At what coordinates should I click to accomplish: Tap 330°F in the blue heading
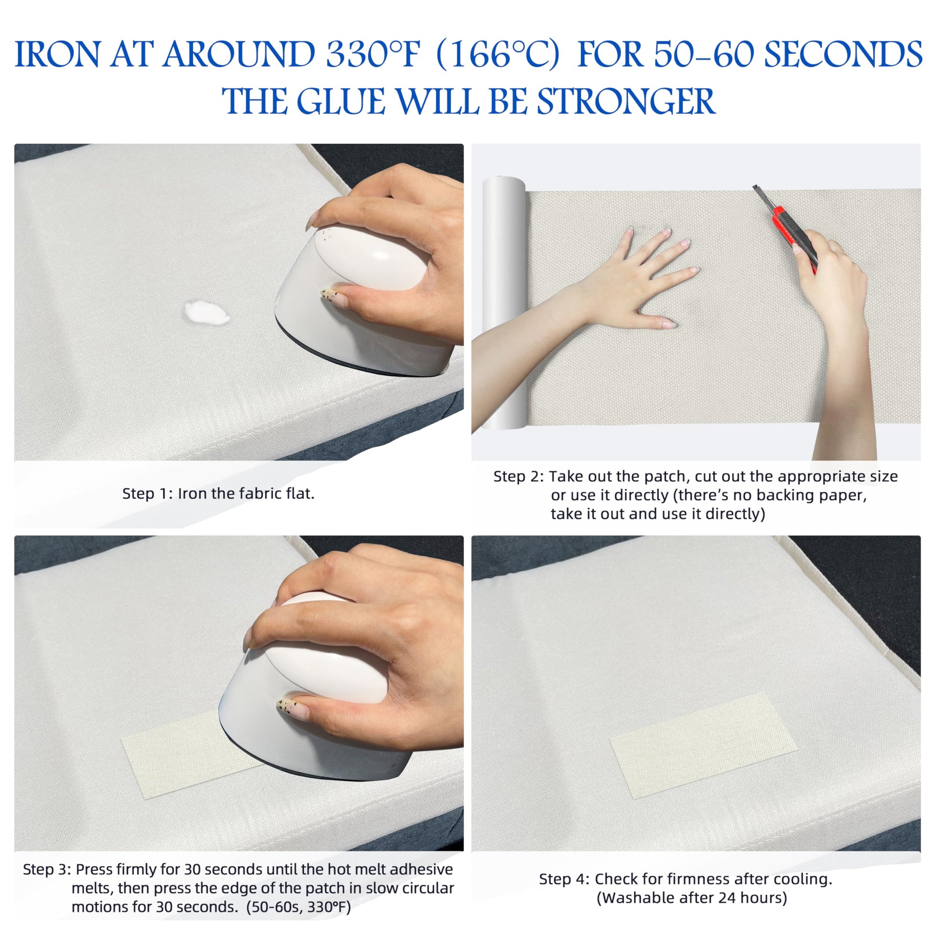(372, 54)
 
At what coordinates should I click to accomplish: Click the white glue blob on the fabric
(206, 312)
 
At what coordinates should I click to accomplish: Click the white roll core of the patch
(504, 304)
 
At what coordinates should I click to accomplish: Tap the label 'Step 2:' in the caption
(519, 476)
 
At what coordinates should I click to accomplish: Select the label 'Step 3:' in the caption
(47, 869)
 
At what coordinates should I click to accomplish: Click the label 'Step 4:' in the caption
(564, 879)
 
